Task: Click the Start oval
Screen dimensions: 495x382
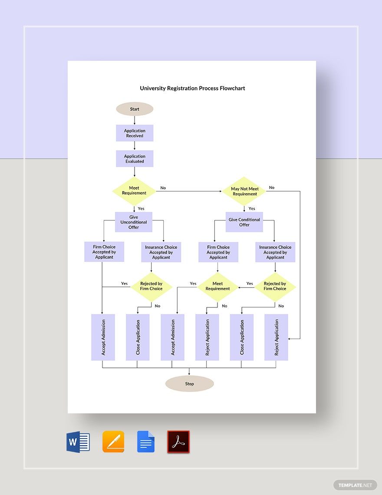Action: pyautogui.click(x=135, y=109)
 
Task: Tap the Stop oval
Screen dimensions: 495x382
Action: pyautogui.click(x=190, y=384)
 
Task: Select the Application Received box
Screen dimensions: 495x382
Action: pyautogui.click(x=135, y=133)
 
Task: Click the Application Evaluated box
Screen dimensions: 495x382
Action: pyautogui.click(x=135, y=159)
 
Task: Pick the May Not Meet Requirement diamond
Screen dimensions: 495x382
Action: pyautogui.click(x=244, y=191)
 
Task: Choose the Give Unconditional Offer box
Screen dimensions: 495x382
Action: pyautogui.click(x=134, y=222)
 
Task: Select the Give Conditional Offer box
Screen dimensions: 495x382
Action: pyautogui.click(x=244, y=222)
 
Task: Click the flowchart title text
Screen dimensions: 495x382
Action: pyautogui.click(x=192, y=88)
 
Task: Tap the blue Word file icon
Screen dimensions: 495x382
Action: pyautogui.click(x=78, y=442)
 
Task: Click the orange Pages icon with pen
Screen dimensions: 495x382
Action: pyautogui.click(x=113, y=442)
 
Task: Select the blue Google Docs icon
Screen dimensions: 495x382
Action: pyautogui.click(x=146, y=442)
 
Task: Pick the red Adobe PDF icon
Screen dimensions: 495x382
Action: pyautogui.click(x=178, y=442)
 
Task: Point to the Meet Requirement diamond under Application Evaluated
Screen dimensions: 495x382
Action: pyautogui.click(x=134, y=191)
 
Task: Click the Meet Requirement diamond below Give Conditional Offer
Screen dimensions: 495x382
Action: pyautogui.click(x=217, y=286)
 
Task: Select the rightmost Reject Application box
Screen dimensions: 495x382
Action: pyautogui.click(x=277, y=337)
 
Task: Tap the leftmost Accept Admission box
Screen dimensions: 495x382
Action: pyautogui.click(x=103, y=337)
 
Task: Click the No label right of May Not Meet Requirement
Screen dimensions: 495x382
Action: pyautogui.click(x=272, y=188)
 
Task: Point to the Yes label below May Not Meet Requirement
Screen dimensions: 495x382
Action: pyautogui.click(x=252, y=209)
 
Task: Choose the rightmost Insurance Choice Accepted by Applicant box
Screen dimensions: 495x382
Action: pyautogui.click(x=275, y=252)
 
